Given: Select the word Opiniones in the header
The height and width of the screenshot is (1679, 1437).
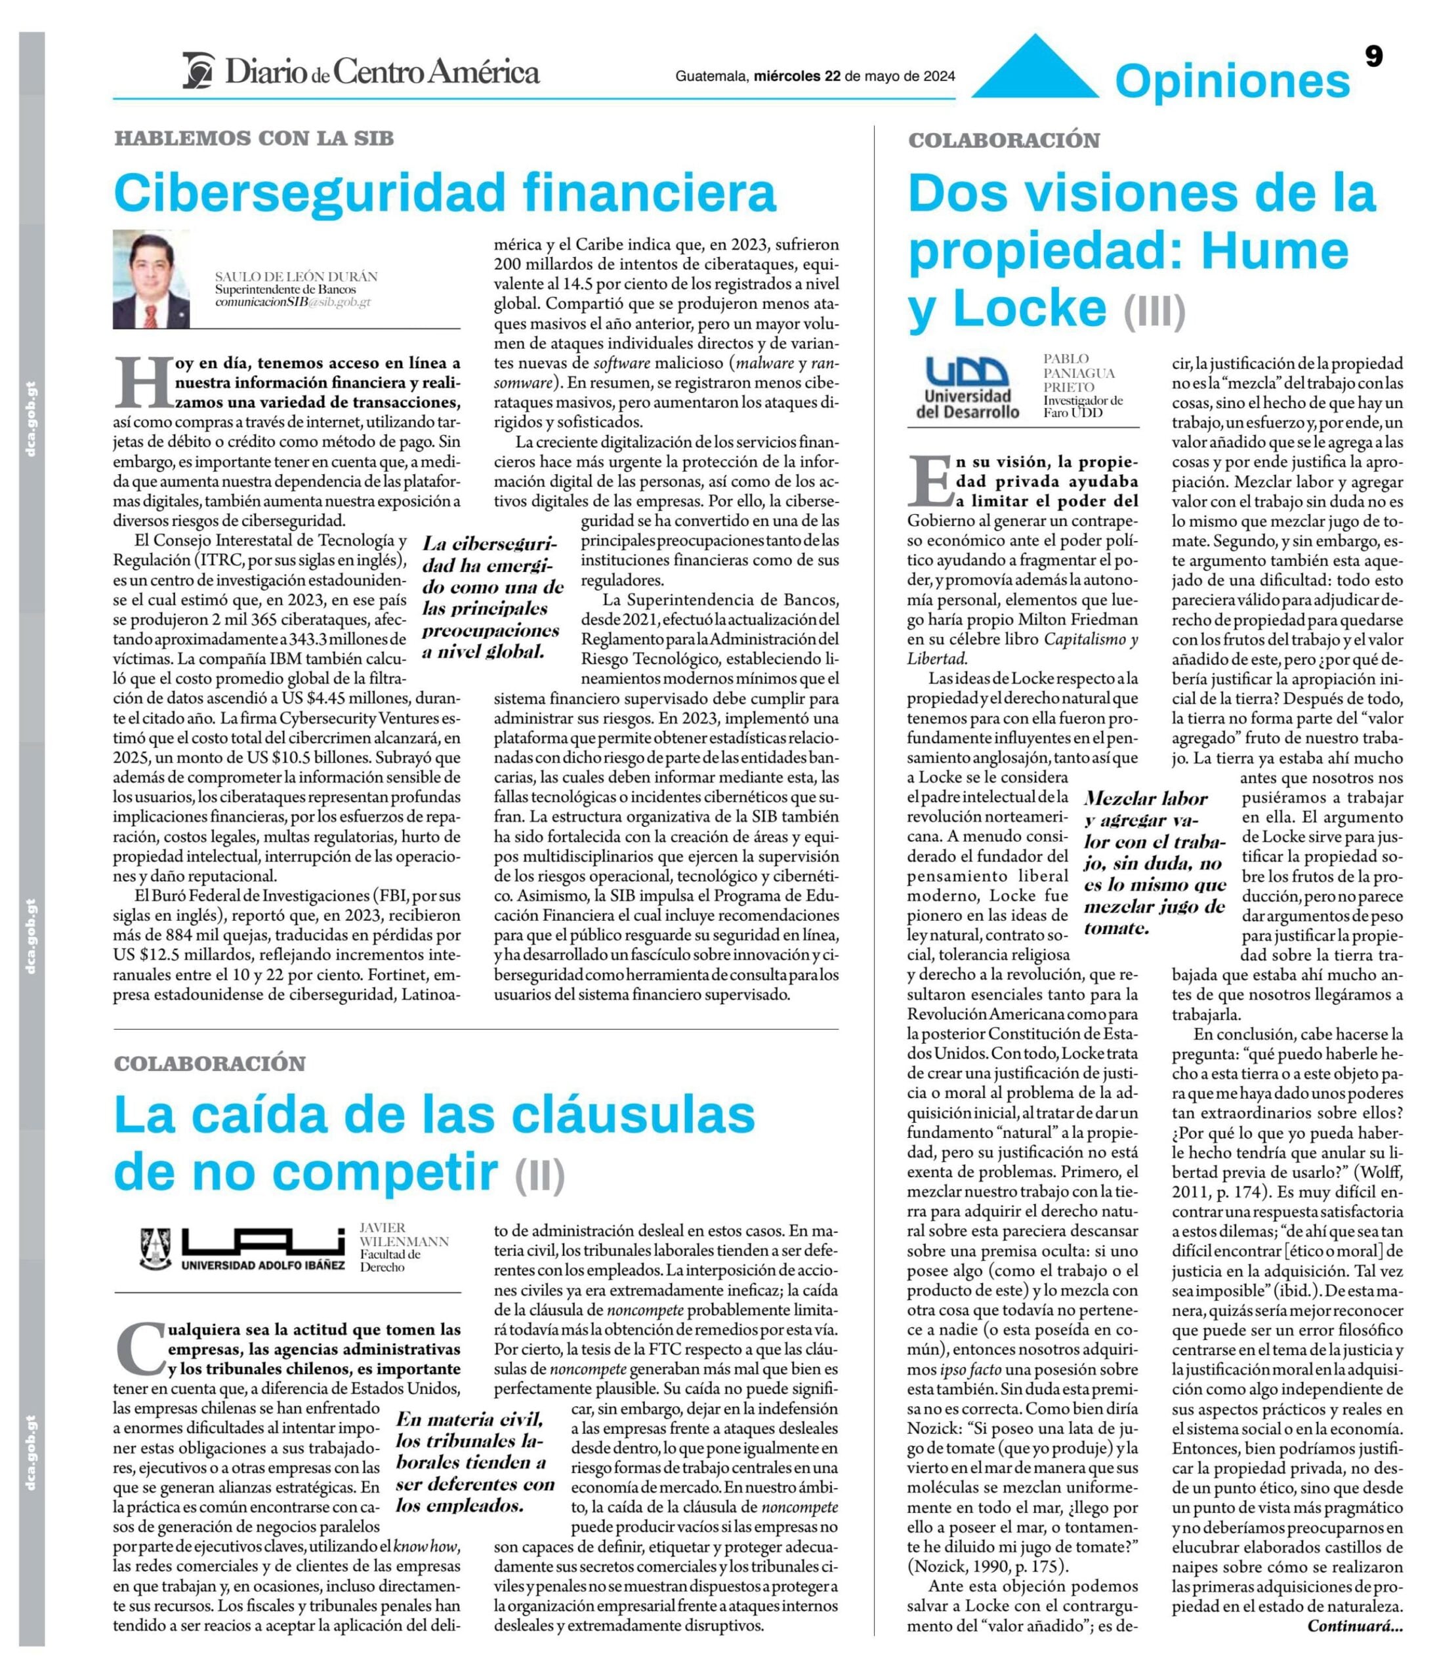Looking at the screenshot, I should coord(1232,81).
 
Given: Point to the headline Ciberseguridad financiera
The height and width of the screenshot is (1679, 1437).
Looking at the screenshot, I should coord(445,193).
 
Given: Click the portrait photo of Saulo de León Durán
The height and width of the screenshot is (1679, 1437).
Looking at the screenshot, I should coord(151,279).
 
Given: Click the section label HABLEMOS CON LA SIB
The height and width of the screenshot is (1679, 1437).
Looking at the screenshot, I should coord(254,138).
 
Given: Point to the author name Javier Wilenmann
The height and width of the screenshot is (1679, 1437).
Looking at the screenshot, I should coord(403,1234).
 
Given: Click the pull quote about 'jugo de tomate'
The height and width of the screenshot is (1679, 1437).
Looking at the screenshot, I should coord(1154,863).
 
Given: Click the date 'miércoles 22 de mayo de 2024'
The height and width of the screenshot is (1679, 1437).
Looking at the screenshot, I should coord(854,76).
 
